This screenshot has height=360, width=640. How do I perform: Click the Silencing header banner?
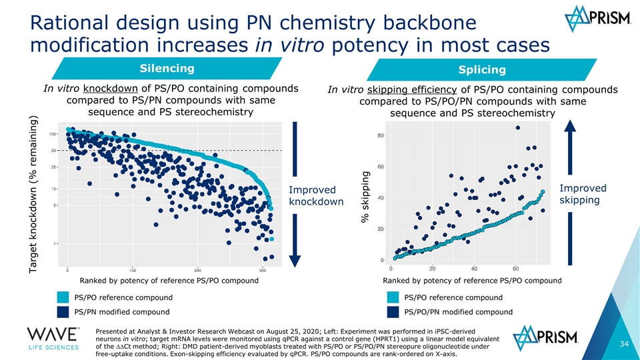pyautogui.click(x=167, y=69)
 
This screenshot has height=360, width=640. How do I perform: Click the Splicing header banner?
pyautogui.click(x=481, y=70)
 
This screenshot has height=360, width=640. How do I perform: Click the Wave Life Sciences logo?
pyautogui.click(x=54, y=341)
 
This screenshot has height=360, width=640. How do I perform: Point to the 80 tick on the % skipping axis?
pyautogui.click(x=380, y=136)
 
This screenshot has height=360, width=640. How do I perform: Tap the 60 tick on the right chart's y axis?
pyautogui.click(x=380, y=167)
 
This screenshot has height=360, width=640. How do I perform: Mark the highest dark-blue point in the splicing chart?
pyautogui.click(x=518, y=127)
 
